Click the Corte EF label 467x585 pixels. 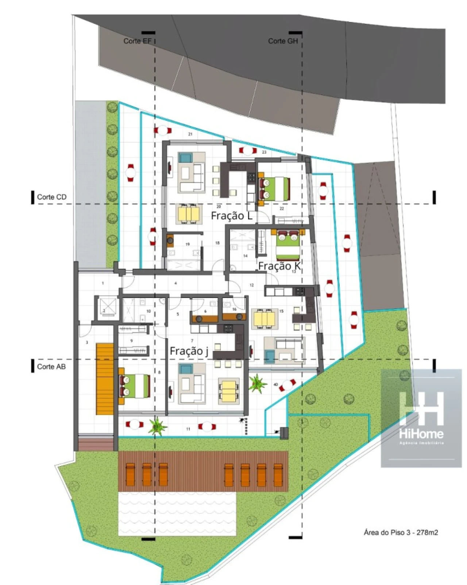click(137, 41)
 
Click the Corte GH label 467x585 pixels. click(283, 41)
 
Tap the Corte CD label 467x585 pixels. click(52, 197)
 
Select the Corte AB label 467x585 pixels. click(51, 367)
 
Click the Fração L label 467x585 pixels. click(232, 216)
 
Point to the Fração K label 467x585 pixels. click(279, 266)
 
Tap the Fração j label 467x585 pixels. click(189, 351)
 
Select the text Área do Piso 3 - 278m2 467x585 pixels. click(401, 532)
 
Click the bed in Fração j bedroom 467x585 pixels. click(134, 386)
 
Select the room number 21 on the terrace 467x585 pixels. click(190, 134)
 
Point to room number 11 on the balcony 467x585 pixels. click(188, 429)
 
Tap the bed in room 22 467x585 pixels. click(274, 189)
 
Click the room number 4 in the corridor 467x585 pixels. click(176, 283)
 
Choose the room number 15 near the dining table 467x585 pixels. click(281, 311)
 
